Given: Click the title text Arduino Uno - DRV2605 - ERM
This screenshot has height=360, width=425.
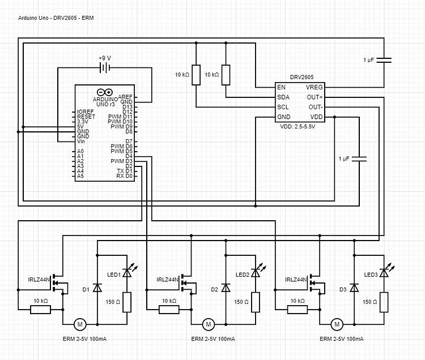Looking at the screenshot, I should click(x=56, y=18).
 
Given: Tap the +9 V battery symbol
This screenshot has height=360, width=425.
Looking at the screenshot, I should click(x=105, y=68).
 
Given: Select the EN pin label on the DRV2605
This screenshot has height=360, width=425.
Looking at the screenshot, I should click(x=281, y=88).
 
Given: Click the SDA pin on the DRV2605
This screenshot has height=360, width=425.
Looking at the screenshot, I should click(x=283, y=97).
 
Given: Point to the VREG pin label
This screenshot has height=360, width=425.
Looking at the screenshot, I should click(x=314, y=88).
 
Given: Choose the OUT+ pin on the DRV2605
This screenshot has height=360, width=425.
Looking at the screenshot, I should click(x=314, y=97).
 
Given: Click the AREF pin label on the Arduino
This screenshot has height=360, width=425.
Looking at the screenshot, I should click(x=126, y=97).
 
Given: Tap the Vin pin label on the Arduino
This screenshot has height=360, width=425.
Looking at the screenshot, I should click(x=82, y=141).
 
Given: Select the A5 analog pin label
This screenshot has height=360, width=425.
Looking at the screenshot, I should click(x=80, y=176).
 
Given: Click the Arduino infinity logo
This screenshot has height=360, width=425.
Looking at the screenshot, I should click(x=104, y=92).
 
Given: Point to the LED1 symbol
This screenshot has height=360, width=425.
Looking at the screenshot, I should click(x=127, y=273).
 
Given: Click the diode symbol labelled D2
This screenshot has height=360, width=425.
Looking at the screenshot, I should click(x=226, y=288).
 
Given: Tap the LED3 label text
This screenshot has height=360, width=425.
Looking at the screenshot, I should click(x=371, y=275).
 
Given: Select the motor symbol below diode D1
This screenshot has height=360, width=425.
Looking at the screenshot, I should click(x=80, y=324).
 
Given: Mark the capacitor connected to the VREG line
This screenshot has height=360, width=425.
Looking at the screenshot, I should click(x=385, y=59).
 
